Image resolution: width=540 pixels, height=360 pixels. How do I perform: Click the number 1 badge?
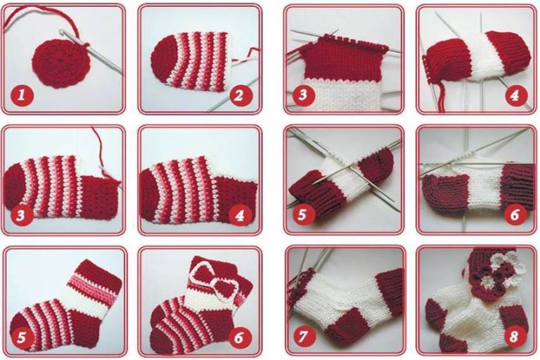22,95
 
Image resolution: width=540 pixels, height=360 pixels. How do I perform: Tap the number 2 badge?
239,95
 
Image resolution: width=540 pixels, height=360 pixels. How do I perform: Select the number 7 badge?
303,336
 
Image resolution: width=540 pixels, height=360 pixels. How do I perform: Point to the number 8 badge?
514,336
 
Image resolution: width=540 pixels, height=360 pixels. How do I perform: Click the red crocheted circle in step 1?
60,63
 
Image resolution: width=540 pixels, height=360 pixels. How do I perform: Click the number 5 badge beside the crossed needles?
302,214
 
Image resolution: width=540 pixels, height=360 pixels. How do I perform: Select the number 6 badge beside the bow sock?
239,337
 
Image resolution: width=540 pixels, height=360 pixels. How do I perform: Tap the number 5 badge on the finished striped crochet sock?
21,337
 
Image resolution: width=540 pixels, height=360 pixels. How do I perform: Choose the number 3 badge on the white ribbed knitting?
303,94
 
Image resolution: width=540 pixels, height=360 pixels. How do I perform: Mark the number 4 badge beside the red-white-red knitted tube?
515,94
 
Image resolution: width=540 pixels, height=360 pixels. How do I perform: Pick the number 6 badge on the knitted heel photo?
515,214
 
